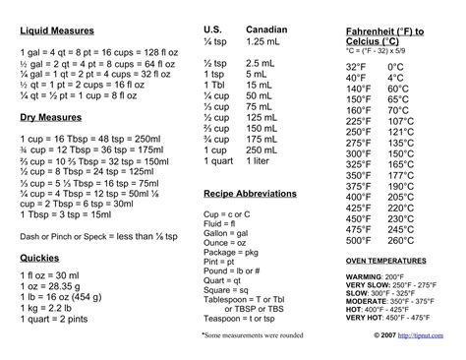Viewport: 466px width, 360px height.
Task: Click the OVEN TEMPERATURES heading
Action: point(387,260)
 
